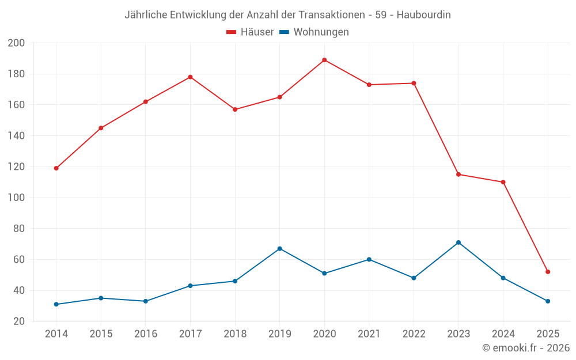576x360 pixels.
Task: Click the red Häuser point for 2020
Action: click(324, 60)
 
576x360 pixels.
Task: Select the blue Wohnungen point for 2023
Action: click(458, 242)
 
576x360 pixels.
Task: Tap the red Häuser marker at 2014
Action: click(56, 168)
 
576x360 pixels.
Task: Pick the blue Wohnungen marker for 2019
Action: click(279, 249)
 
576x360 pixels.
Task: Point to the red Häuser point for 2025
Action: click(548, 272)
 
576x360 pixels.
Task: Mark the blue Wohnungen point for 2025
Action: click(548, 301)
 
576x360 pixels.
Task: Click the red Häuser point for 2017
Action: click(190, 77)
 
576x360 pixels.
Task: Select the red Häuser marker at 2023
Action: click(458, 175)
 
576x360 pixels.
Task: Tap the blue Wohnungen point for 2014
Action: click(56, 304)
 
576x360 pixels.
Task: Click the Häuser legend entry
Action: click(250, 32)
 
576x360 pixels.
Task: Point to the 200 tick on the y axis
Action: click(16, 43)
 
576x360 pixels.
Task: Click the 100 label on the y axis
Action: click(16, 198)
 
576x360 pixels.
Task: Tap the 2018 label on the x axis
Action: click(235, 334)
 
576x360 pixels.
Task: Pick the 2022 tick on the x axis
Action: click(414, 334)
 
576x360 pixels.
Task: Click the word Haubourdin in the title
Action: click(424, 15)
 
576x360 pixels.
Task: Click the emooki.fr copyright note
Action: click(526, 348)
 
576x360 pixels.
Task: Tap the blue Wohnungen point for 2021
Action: click(369, 259)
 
